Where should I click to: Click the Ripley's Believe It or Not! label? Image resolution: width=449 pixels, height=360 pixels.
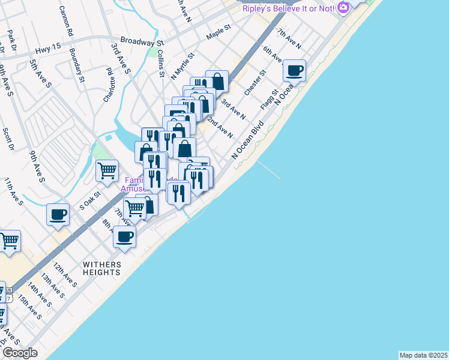[x=288, y=8]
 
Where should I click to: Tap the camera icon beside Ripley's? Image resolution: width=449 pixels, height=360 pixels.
[x=343, y=8]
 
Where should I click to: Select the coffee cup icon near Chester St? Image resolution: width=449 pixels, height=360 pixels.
[x=294, y=71]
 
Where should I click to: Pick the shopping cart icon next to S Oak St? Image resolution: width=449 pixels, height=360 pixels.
[x=107, y=170]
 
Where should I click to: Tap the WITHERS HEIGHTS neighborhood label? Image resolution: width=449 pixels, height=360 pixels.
[x=102, y=268]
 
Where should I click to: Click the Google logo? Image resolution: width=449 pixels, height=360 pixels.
[x=20, y=353]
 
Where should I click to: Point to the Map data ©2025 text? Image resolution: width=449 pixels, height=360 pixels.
[x=424, y=355]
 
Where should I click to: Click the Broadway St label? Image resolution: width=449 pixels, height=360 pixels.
[x=142, y=42]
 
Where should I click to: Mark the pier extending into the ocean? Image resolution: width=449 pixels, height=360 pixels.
[x=269, y=170]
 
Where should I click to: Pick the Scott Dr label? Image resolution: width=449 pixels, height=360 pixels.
[x=7, y=139]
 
